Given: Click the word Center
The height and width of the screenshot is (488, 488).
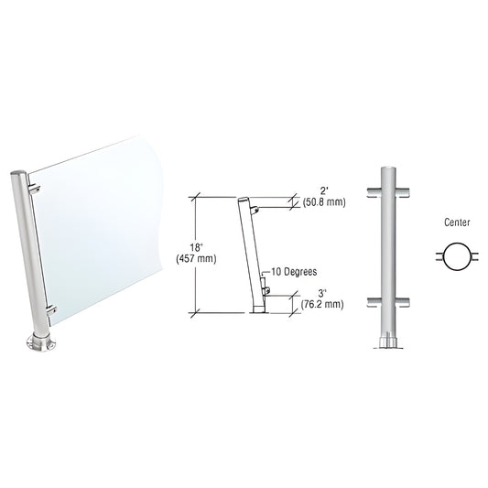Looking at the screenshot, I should pyautogui.click(x=450, y=222).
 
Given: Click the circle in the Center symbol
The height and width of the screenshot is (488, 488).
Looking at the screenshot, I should pyautogui.click(x=449, y=256).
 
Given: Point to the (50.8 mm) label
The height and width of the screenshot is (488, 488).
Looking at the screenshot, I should pyautogui.click(x=323, y=203).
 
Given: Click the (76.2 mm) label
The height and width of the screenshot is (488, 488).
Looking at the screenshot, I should pyautogui.click(x=321, y=303).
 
